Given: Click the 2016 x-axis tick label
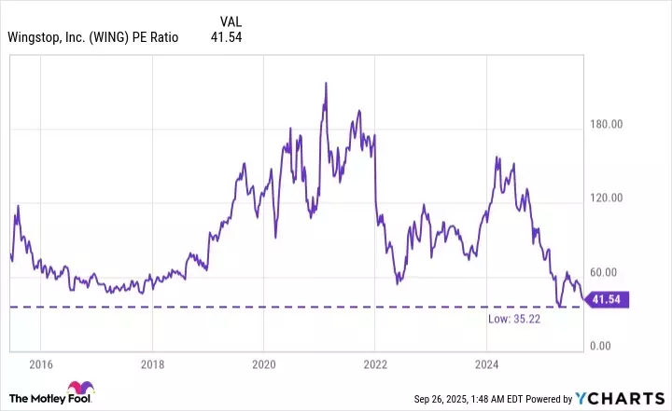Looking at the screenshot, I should click(x=40, y=363).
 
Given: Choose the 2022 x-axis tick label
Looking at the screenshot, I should click(x=375, y=363).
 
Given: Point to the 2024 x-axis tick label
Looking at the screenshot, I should click(x=486, y=363).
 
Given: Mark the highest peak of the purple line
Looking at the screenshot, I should click(x=326, y=83).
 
